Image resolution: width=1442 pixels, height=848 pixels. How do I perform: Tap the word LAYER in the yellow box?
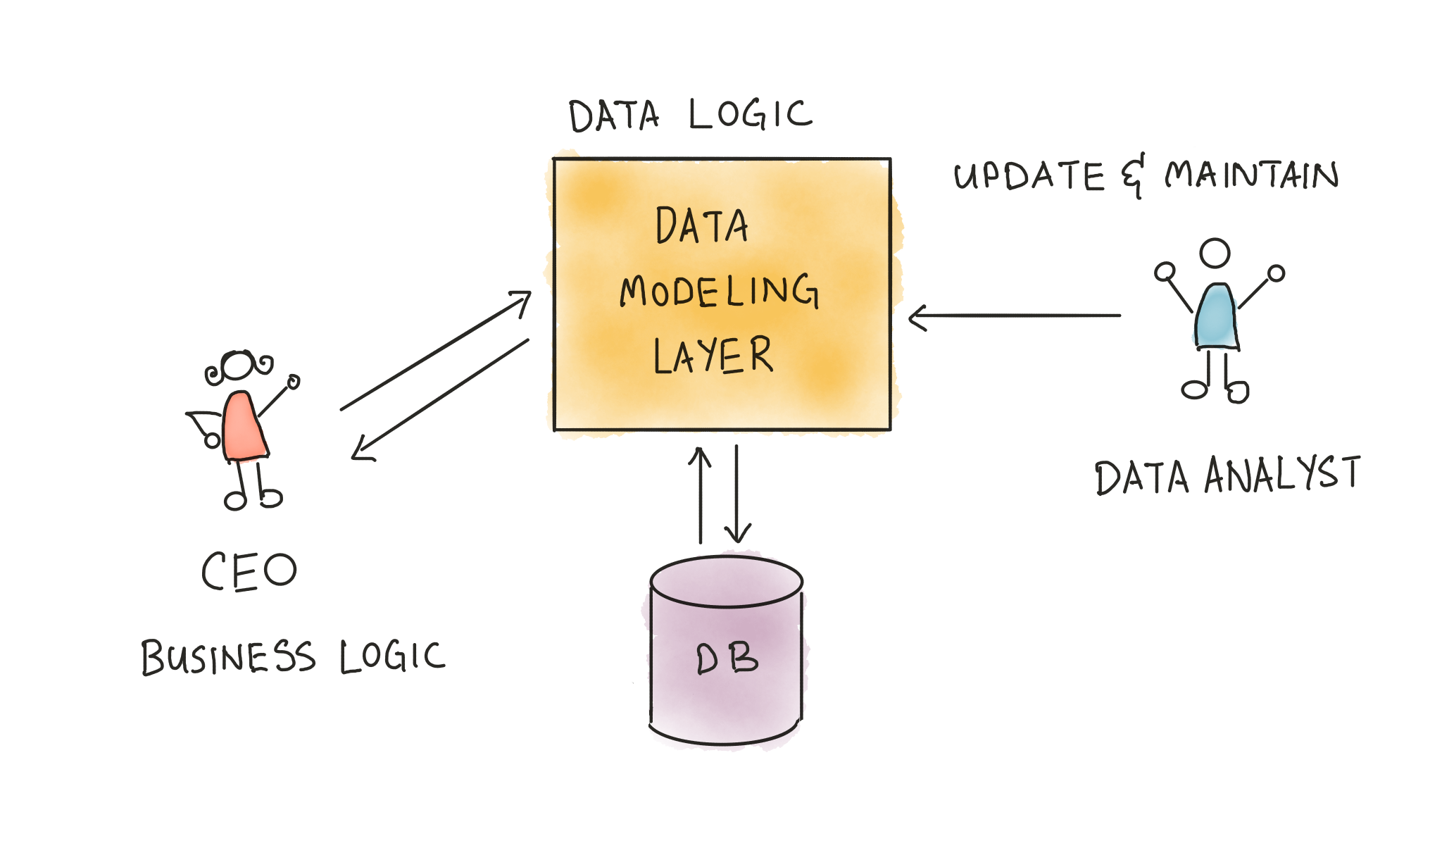pyautogui.click(x=713, y=355)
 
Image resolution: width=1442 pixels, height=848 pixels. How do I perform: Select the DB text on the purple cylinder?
pyautogui.click(x=727, y=659)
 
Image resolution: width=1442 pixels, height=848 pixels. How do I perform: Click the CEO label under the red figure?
pyautogui.click(x=249, y=570)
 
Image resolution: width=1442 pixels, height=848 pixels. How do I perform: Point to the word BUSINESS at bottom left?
pyautogui.click(x=227, y=657)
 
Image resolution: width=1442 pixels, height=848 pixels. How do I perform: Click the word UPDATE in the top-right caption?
pyautogui.click(x=1029, y=175)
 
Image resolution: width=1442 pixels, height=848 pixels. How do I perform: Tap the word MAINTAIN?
pyautogui.click(x=1251, y=175)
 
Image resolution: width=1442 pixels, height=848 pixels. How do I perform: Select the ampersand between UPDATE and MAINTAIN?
pyautogui.click(x=1133, y=176)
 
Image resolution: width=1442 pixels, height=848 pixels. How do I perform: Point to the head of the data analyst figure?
pyautogui.click(x=1215, y=254)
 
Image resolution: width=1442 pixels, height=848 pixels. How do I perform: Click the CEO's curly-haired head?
pyautogui.click(x=237, y=366)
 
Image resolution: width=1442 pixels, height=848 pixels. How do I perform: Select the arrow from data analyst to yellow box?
pyautogui.click(x=1014, y=316)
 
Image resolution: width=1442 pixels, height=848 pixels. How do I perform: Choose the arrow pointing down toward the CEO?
pyautogui.click(x=441, y=399)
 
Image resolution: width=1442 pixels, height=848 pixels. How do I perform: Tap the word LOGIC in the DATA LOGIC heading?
pyautogui.click(x=751, y=115)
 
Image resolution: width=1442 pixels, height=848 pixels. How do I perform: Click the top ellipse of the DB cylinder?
pyautogui.click(x=727, y=582)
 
